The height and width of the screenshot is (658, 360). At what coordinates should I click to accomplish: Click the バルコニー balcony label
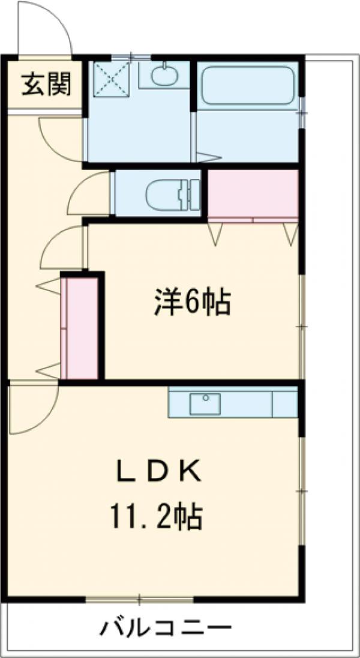(x=165, y=630)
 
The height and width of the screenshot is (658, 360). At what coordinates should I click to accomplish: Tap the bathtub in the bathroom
(x=247, y=86)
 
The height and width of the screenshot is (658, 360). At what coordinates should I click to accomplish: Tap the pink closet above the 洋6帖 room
(x=253, y=193)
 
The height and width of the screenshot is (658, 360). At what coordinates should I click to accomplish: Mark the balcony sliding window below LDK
(x=139, y=599)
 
